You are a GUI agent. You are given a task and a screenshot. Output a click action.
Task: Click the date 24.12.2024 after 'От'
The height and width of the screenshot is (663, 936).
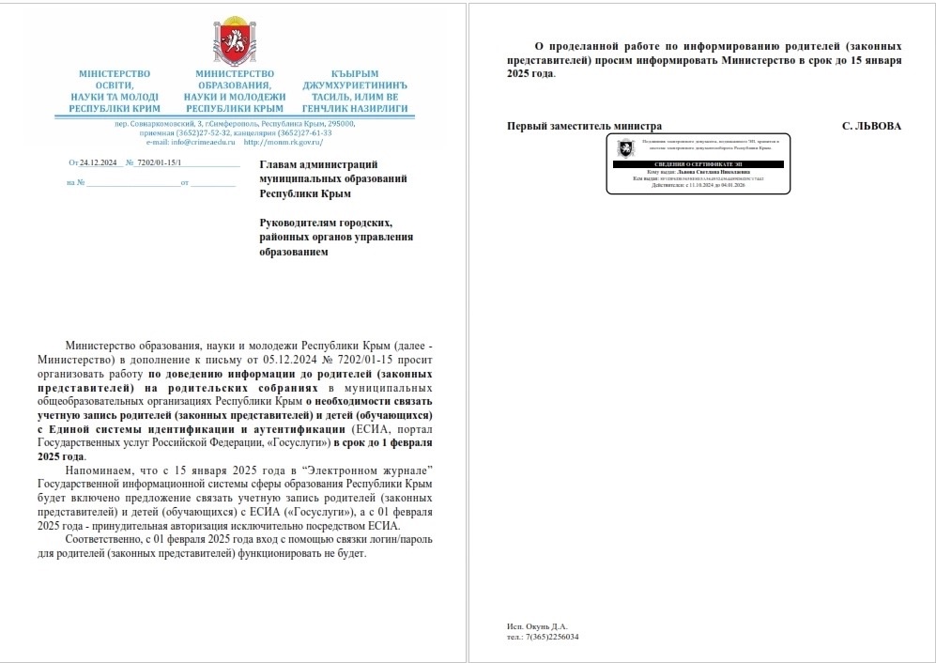click(x=97, y=162)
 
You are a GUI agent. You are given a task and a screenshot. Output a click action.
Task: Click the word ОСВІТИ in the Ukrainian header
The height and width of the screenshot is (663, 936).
click(x=114, y=85)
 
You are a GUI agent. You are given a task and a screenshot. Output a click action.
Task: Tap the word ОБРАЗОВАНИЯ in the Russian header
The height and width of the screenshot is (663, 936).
click(x=234, y=85)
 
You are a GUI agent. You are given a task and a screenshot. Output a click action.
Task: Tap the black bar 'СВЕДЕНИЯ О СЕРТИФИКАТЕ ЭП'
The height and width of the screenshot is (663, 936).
click(x=697, y=163)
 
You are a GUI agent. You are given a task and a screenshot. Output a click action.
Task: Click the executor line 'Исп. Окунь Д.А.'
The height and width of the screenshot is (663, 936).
click(x=537, y=626)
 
